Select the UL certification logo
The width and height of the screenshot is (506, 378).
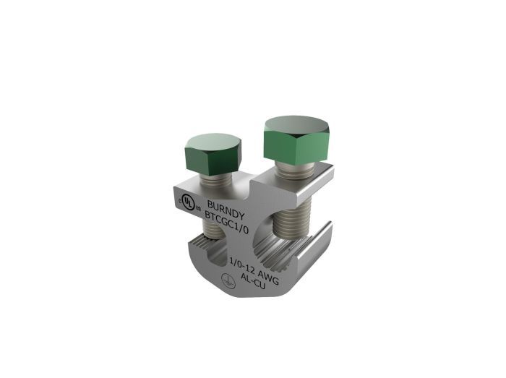coord(188,202)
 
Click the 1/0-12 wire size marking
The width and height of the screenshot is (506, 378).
coord(243,265)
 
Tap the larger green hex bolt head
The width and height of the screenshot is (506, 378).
coord(297,139)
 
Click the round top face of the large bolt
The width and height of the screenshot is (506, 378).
coord(297,126)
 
